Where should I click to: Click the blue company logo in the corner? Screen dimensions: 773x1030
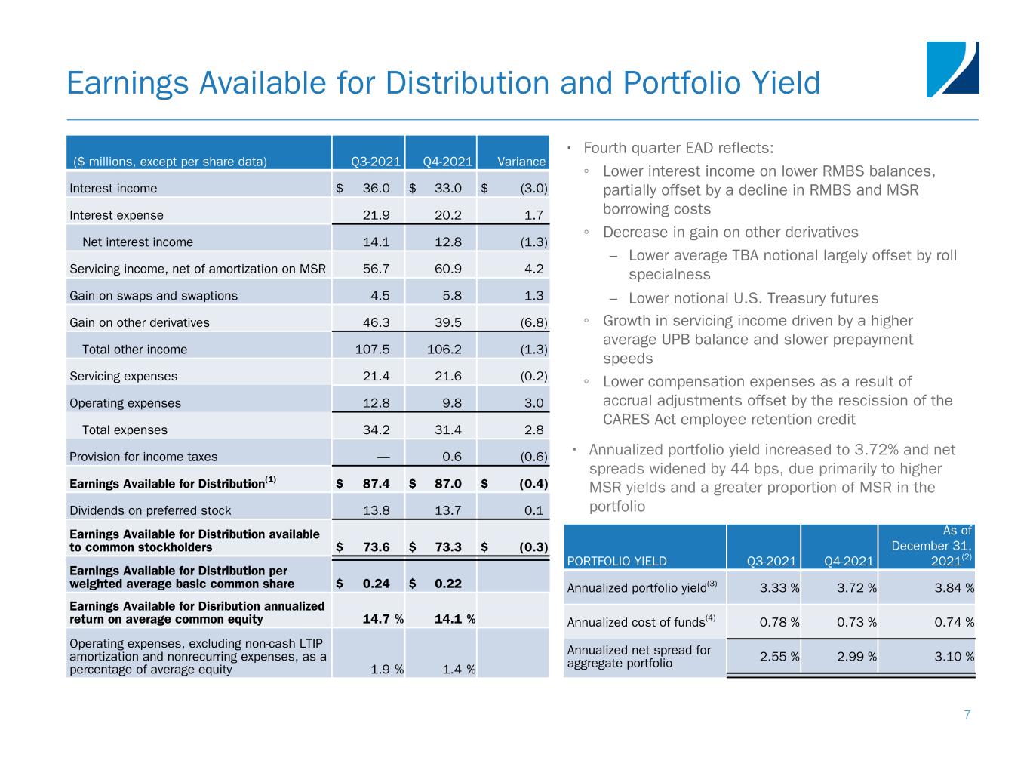point(952,69)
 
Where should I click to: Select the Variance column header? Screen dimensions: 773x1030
point(521,162)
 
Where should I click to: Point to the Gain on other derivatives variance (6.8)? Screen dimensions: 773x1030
point(533,323)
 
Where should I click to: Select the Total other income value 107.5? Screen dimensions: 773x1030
point(373,350)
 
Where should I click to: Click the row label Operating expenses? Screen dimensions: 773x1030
point(125,403)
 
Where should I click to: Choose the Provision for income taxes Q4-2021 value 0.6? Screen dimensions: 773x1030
point(452,457)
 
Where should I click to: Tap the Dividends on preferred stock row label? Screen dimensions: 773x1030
point(150,510)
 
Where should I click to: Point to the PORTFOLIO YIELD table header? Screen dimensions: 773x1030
point(616,561)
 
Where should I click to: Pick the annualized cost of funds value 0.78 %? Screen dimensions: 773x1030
point(779,622)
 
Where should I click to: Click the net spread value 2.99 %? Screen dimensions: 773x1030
point(856,657)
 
